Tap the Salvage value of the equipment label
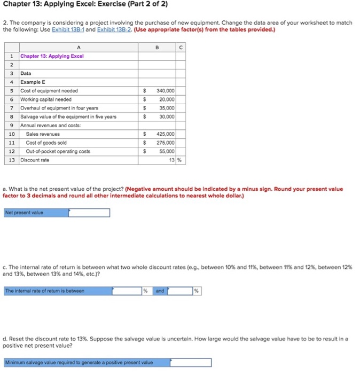click(x=68, y=116)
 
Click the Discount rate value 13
click(x=171, y=160)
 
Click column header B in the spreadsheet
click(x=157, y=46)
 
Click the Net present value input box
click(x=89, y=213)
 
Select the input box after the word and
click(x=179, y=291)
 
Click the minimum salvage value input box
click(x=191, y=362)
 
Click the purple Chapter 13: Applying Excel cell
click(x=52, y=56)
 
